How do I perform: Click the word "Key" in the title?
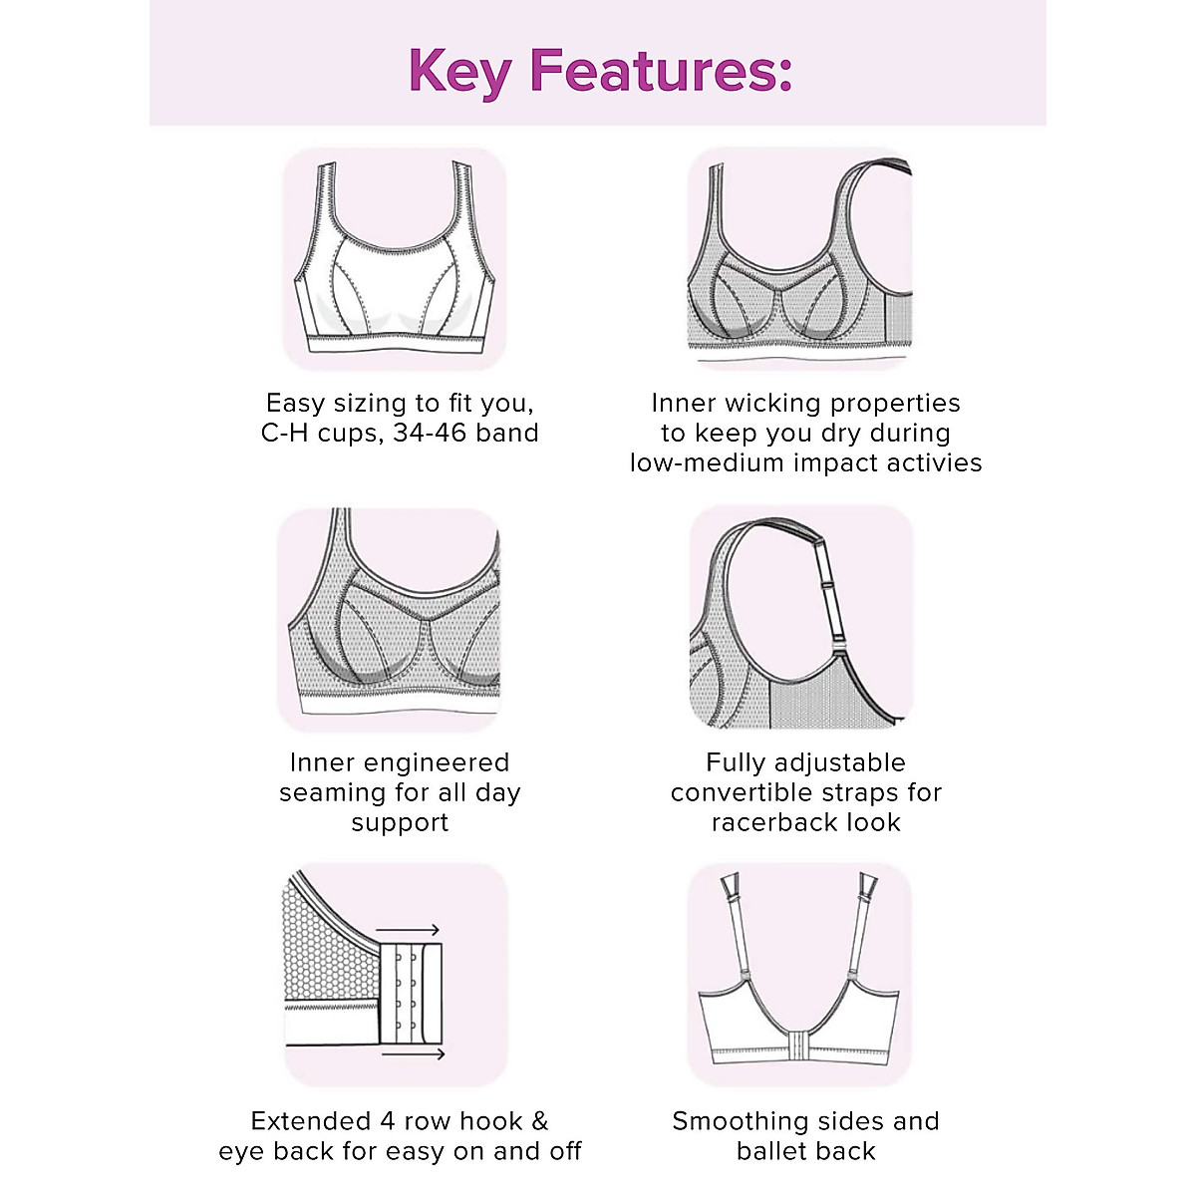click(x=460, y=70)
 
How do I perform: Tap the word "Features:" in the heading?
click(x=662, y=70)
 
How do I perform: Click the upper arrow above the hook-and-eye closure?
click(x=409, y=931)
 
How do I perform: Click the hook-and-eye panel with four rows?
click(x=411, y=991)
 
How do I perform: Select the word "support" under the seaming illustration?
click(x=400, y=823)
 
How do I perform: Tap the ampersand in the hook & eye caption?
click(x=539, y=1121)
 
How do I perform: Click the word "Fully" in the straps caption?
click(x=735, y=763)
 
